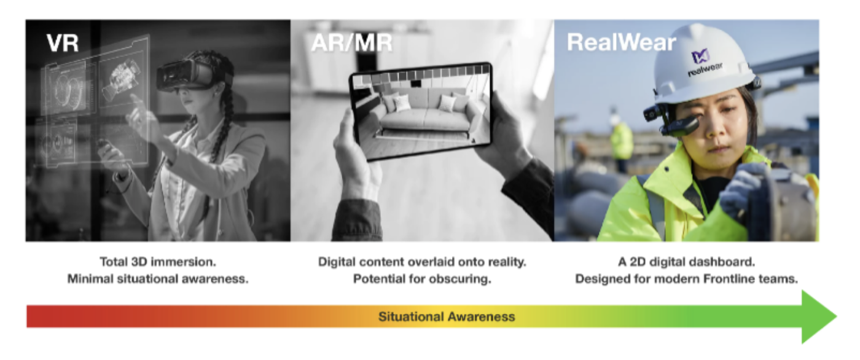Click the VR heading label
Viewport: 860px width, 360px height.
coord(63,42)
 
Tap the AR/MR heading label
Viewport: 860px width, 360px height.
coord(351,42)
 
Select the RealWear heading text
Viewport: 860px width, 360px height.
coord(621,42)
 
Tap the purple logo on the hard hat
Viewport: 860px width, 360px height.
coord(700,57)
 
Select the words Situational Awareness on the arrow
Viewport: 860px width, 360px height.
coord(447,316)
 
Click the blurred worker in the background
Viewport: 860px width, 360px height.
coord(621,138)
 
